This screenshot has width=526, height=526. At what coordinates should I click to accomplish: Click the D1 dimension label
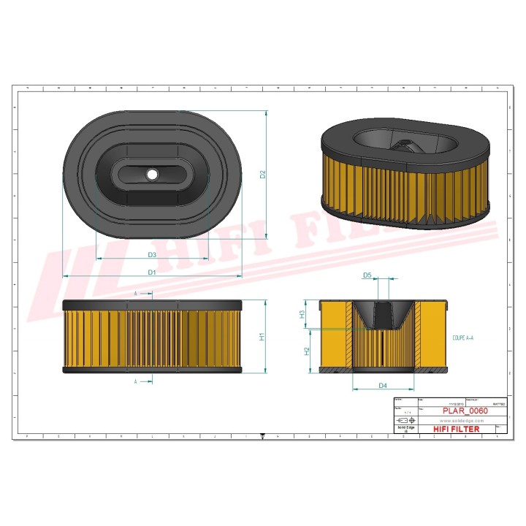pyautogui.click(x=152, y=272)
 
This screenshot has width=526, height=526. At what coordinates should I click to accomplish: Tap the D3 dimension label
pyautogui.click(x=152, y=254)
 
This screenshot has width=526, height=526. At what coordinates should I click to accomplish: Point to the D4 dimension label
pyautogui.click(x=382, y=385)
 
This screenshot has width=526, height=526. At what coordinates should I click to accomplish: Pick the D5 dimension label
pyautogui.click(x=367, y=275)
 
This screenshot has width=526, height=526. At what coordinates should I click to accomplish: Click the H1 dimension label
pyautogui.click(x=262, y=337)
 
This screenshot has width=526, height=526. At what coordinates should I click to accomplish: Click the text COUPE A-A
pyautogui.click(x=463, y=338)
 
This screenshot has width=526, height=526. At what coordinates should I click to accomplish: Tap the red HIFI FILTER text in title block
pyautogui.click(x=457, y=430)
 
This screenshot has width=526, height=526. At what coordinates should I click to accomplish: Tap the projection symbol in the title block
pyautogui.click(x=405, y=422)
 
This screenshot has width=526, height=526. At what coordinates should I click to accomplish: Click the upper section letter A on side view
pyautogui.click(x=136, y=293)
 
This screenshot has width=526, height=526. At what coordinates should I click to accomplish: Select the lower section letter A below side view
pyautogui.click(x=136, y=381)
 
